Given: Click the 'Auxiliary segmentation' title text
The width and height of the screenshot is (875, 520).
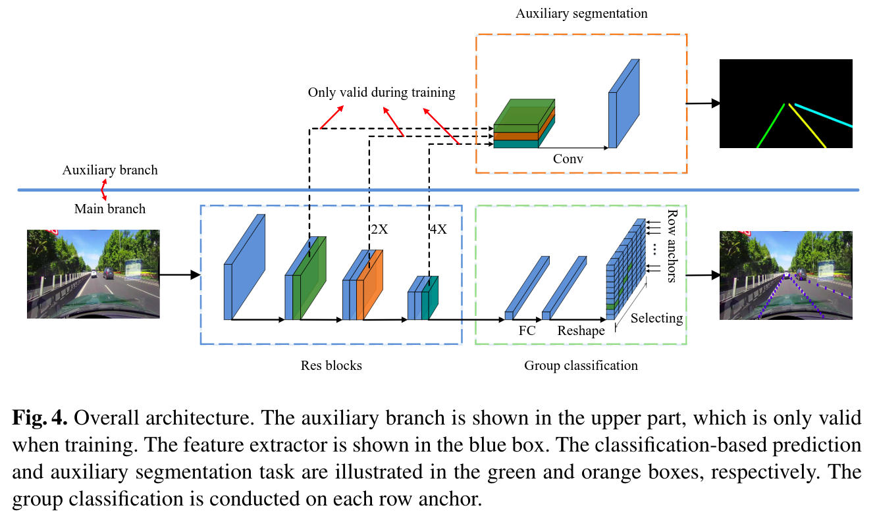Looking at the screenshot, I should pos(581,13).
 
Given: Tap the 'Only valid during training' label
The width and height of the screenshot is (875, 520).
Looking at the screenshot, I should pos(381,93).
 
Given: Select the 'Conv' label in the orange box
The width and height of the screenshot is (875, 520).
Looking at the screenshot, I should pos(568,159).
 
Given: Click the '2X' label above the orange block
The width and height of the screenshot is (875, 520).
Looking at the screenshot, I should pos(379,230).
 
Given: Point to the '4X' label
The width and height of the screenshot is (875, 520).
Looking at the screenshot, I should pos(438,230).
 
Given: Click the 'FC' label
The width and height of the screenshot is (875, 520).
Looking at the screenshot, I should pos(527,330).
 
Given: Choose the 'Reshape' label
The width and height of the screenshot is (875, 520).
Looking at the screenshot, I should pos(581,330).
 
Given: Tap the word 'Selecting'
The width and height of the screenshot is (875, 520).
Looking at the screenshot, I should pos(656,319).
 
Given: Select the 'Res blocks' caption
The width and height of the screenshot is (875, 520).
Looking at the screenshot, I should pos(331,365).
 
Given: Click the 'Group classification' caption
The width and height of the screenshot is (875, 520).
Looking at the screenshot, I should pos(581,365).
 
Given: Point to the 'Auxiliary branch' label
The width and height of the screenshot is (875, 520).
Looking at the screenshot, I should pos(110,170).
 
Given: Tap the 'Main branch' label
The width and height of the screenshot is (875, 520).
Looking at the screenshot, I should pos(110,209).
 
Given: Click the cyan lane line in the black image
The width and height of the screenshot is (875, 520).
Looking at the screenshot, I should pos(823,115).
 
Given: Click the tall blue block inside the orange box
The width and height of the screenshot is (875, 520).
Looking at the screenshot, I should pos(623,104).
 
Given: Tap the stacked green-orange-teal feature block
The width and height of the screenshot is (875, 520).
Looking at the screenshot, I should pos(524,125).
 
